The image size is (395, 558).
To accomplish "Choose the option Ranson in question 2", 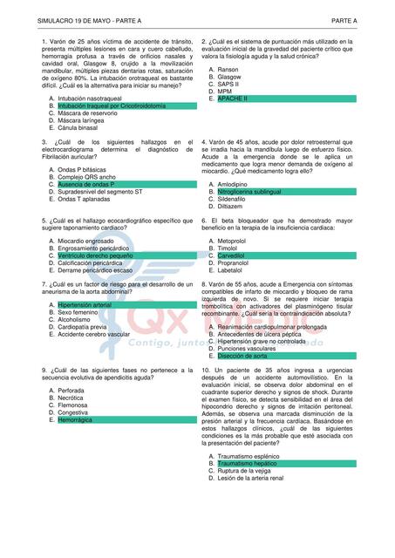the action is pyautogui.click(x=228, y=69).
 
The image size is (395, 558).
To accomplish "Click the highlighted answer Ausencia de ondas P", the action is pyautogui.click(x=85, y=185).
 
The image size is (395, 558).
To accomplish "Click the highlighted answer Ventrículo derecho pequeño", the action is pyautogui.click(x=95, y=255).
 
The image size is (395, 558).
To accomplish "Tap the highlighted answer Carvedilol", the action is pyautogui.click(x=231, y=255).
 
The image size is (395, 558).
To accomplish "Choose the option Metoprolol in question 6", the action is pyautogui.click(x=232, y=241).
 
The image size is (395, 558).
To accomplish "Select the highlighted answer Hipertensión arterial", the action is pyautogui.click(x=85, y=305).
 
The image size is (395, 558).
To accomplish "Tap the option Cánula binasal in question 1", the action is pyautogui.click(x=78, y=126).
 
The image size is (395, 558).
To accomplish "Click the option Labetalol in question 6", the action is pyautogui.click(x=230, y=269).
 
